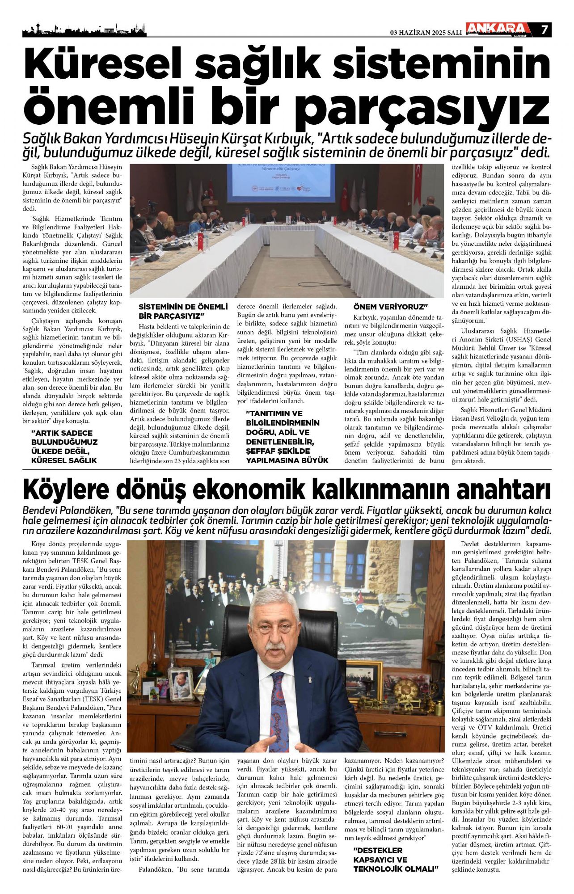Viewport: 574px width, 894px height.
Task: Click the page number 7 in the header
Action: click(544, 30)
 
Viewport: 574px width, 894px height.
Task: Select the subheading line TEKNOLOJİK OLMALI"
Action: click(395, 869)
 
